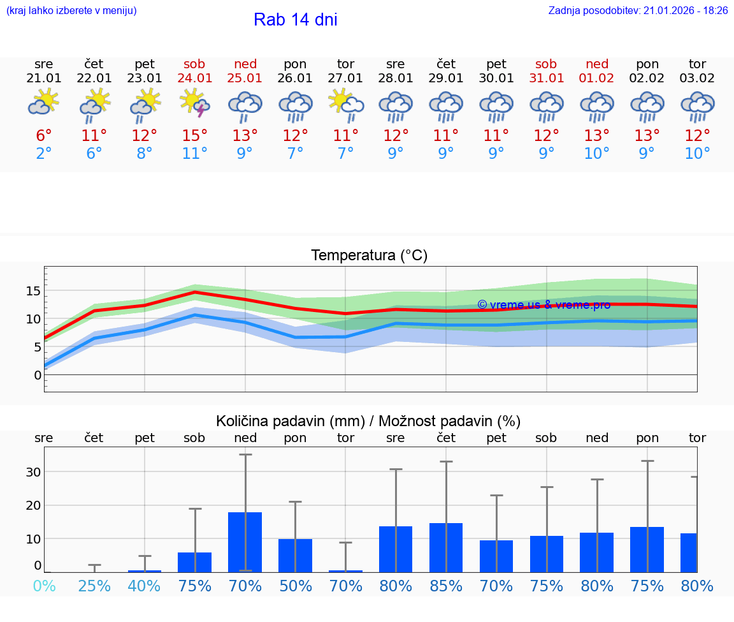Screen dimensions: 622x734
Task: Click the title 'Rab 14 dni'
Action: pyautogui.click(x=295, y=20)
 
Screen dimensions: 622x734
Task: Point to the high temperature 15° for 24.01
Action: pyautogui.click(x=195, y=136)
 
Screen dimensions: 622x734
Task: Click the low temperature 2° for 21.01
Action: pyautogui.click(x=43, y=154)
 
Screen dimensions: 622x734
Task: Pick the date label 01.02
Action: pyautogui.click(x=597, y=78)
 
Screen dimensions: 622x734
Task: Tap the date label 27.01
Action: pyautogui.click(x=345, y=78)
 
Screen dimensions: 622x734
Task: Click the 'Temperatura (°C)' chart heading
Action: pyautogui.click(x=369, y=256)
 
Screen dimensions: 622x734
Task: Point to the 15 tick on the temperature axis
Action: pyautogui.click(x=33, y=291)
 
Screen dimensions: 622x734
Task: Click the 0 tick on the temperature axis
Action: pyautogui.click(x=37, y=375)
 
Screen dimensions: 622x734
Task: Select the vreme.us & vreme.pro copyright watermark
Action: pyautogui.click(x=543, y=305)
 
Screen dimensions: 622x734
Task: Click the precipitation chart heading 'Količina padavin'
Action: pyautogui.click(x=368, y=421)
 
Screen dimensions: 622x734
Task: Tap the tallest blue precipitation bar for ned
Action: pyautogui.click(x=245, y=542)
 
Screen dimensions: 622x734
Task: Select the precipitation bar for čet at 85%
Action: pyautogui.click(x=446, y=547)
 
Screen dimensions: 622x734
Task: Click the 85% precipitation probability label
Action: pyautogui.click(x=446, y=586)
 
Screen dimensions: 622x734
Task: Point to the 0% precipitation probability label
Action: pyautogui.click(x=43, y=586)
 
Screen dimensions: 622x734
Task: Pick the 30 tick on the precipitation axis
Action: pyautogui.click(x=33, y=472)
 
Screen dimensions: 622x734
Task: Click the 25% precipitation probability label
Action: pyautogui.click(x=94, y=586)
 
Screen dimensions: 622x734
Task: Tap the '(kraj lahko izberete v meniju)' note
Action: pyautogui.click(x=71, y=10)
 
